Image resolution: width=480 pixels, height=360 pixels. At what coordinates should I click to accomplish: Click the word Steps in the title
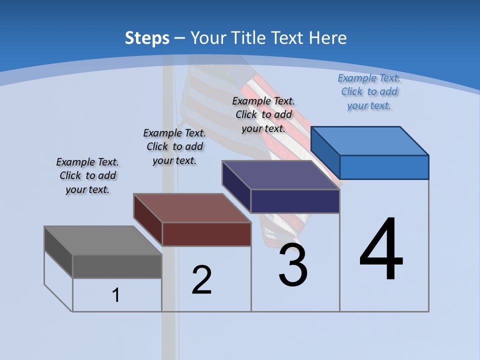tap(147, 38)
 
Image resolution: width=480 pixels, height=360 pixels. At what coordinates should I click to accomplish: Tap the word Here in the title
tap(328, 38)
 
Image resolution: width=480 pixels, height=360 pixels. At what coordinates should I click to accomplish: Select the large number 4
tap(381, 250)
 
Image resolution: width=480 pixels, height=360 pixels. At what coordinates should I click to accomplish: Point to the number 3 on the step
tap(293, 265)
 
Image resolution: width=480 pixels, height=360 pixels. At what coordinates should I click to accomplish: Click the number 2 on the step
tap(202, 280)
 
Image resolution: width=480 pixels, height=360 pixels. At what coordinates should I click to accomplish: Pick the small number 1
tap(116, 295)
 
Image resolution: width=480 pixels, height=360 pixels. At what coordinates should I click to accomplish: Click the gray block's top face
tap(102, 240)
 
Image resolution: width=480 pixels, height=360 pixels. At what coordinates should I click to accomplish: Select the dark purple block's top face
tap(280, 175)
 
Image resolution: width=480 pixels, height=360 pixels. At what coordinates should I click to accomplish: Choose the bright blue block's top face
tap(369, 141)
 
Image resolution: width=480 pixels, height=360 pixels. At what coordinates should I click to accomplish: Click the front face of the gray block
tap(117, 266)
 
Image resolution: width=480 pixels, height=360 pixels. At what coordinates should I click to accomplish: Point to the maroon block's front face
tap(206, 234)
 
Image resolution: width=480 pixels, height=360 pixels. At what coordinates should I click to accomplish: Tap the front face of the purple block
tap(295, 201)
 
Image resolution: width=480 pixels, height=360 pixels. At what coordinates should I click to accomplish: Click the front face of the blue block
tap(384, 167)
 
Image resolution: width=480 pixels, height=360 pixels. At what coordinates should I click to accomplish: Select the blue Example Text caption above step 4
tap(369, 91)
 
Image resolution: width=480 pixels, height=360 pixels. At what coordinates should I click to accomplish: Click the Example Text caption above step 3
tap(263, 114)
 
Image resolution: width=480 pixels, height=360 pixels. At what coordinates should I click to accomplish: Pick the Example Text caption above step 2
tap(174, 146)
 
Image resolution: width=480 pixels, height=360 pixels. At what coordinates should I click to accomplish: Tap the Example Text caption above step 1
tap(87, 175)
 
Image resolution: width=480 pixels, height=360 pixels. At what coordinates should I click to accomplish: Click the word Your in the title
tap(210, 38)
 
